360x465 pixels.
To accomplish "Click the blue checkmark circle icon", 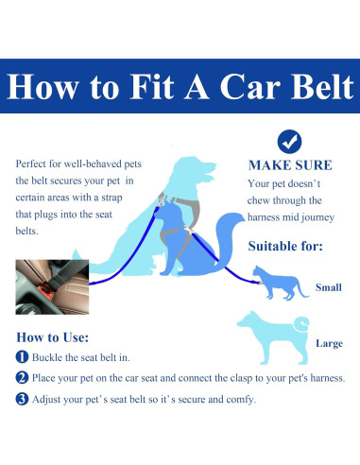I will pos(289,142).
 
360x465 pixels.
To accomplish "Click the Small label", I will pos(328,287).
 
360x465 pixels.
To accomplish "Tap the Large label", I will pos(328,344).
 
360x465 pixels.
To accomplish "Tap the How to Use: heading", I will pos(53,337).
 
